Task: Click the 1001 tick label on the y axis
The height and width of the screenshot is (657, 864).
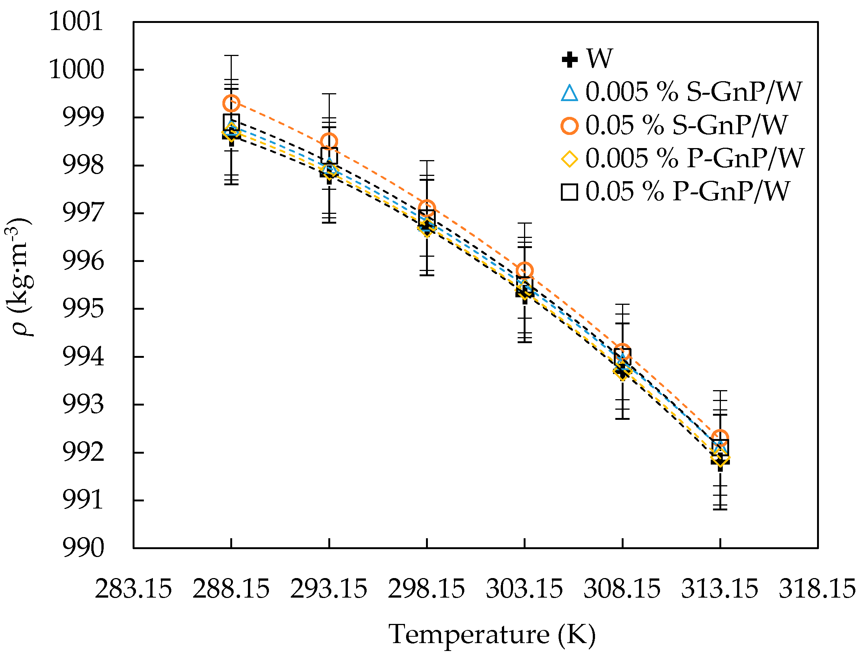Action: [76, 21]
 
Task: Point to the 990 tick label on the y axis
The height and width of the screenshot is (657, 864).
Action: [83, 548]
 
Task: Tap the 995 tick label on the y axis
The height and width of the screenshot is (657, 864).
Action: [83, 309]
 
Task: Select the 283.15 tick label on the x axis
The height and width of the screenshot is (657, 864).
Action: [133, 589]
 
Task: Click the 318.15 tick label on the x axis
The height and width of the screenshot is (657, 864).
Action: [817, 589]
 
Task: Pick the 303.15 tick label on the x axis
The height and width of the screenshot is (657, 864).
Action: [524, 589]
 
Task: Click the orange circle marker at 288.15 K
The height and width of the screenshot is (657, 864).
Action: [231, 103]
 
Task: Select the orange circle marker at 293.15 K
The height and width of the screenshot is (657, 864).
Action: [329, 141]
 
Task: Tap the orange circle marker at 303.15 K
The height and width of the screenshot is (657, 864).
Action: [524, 270]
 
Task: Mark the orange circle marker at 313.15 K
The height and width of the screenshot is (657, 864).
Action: [720, 437]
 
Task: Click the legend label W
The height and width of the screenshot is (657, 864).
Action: [599, 59]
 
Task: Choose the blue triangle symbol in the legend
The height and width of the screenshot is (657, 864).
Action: [569, 93]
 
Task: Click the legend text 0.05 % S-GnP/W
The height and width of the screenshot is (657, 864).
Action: [686, 126]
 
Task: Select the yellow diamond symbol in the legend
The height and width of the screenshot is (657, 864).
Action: [569, 159]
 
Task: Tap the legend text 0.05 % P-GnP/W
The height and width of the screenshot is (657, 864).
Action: [687, 192]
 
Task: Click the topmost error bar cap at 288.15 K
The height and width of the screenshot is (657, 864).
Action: [231, 56]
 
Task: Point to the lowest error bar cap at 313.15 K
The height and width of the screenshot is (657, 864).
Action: [720, 510]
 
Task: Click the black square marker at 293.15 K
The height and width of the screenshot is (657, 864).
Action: [329, 156]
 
